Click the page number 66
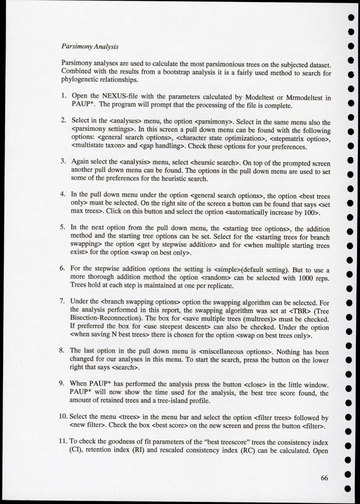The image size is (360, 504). point(324,477)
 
